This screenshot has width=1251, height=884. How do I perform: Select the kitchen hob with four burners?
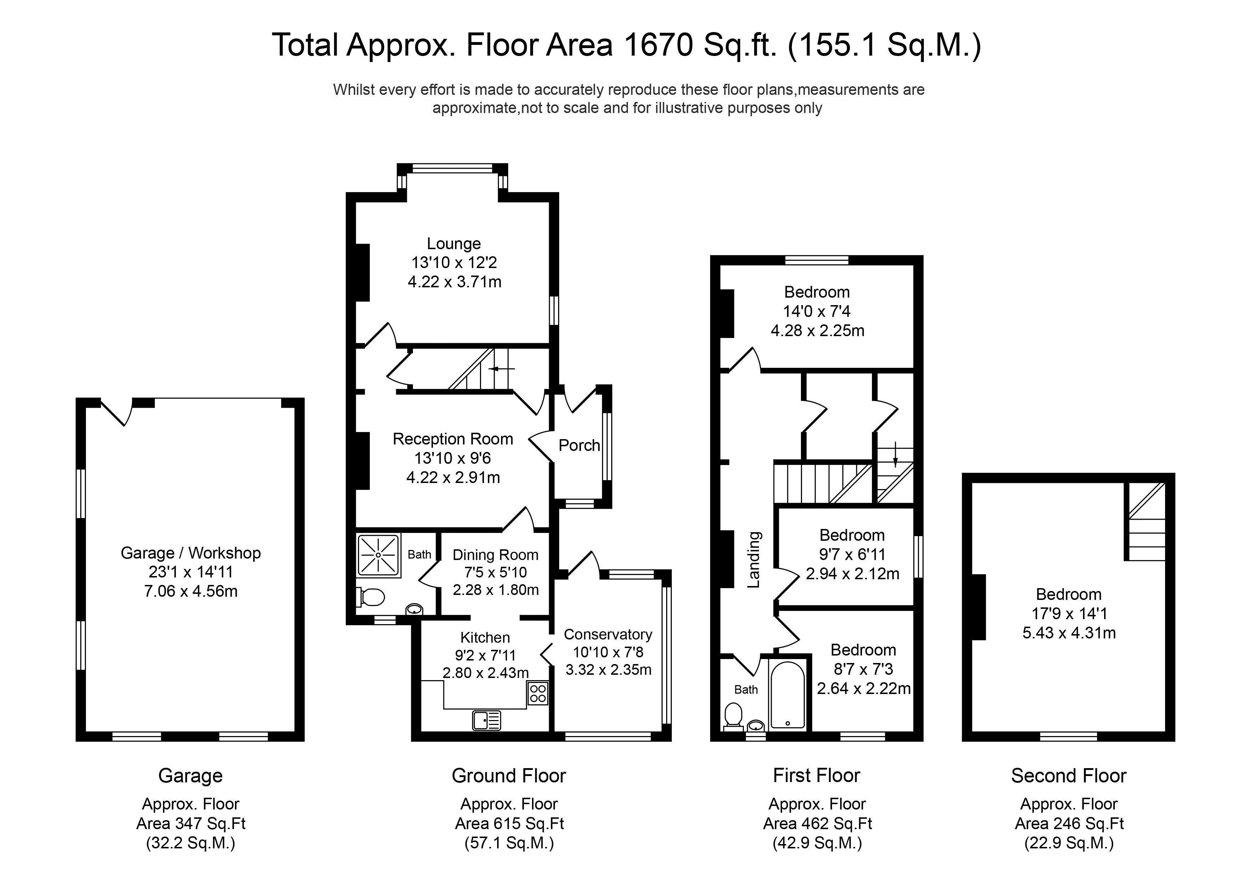(x=538, y=693)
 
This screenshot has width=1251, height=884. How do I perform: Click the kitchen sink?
(x=486, y=720)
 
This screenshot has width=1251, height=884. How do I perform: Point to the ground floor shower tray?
(x=378, y=555)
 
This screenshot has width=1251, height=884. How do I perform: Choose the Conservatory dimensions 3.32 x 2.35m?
(x=608, y=669)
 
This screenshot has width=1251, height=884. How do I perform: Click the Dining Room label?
(x=495, y=555)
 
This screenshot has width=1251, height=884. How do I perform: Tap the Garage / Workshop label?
(x=191, y=553)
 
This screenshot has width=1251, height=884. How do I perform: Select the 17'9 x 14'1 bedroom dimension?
(x=1069, y=613)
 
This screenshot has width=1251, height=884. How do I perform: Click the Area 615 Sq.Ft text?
(x=510, y=823)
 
